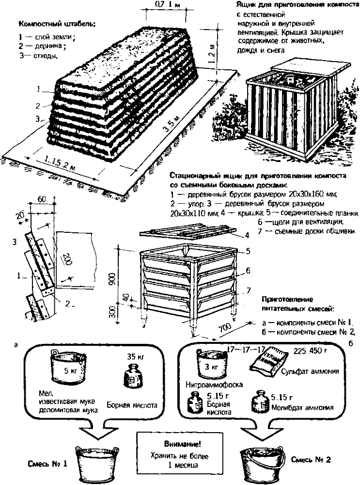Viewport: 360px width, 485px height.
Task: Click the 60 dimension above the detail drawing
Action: pos(42,199)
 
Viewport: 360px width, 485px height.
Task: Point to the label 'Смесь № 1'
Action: pos(46,464)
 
